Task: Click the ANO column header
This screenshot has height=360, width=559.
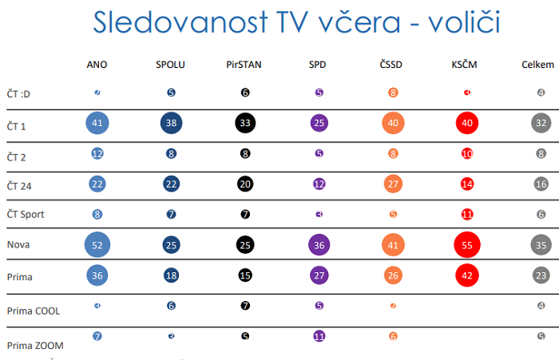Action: (97, 64)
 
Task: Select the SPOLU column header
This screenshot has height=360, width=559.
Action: (171, 64)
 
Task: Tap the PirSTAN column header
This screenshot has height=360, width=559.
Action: (245, 64)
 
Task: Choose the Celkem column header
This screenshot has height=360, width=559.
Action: (536, 64)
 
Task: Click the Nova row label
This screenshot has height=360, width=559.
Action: (18, 244)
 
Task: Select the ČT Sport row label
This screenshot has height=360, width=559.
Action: (26, 214)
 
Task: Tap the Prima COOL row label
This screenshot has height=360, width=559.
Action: (34, 310)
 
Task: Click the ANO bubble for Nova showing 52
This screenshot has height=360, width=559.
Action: (97, 244)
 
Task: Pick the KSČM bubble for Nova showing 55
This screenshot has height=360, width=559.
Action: (467, 244)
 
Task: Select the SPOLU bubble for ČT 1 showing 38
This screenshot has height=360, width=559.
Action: (172, 124)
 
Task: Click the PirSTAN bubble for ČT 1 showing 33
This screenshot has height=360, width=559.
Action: (245, 124)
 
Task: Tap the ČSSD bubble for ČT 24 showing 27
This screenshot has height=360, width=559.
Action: (393, 184)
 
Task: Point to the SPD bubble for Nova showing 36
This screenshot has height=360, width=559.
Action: (319, 244)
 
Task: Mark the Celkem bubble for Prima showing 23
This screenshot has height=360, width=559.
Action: (541, 275)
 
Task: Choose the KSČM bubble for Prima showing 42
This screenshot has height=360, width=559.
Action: (467, 275)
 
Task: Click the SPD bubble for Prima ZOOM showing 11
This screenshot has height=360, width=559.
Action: (319, 336)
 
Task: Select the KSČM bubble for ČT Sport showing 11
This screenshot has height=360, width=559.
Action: (467, 214)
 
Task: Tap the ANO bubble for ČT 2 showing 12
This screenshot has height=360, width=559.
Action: (97, 153)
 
